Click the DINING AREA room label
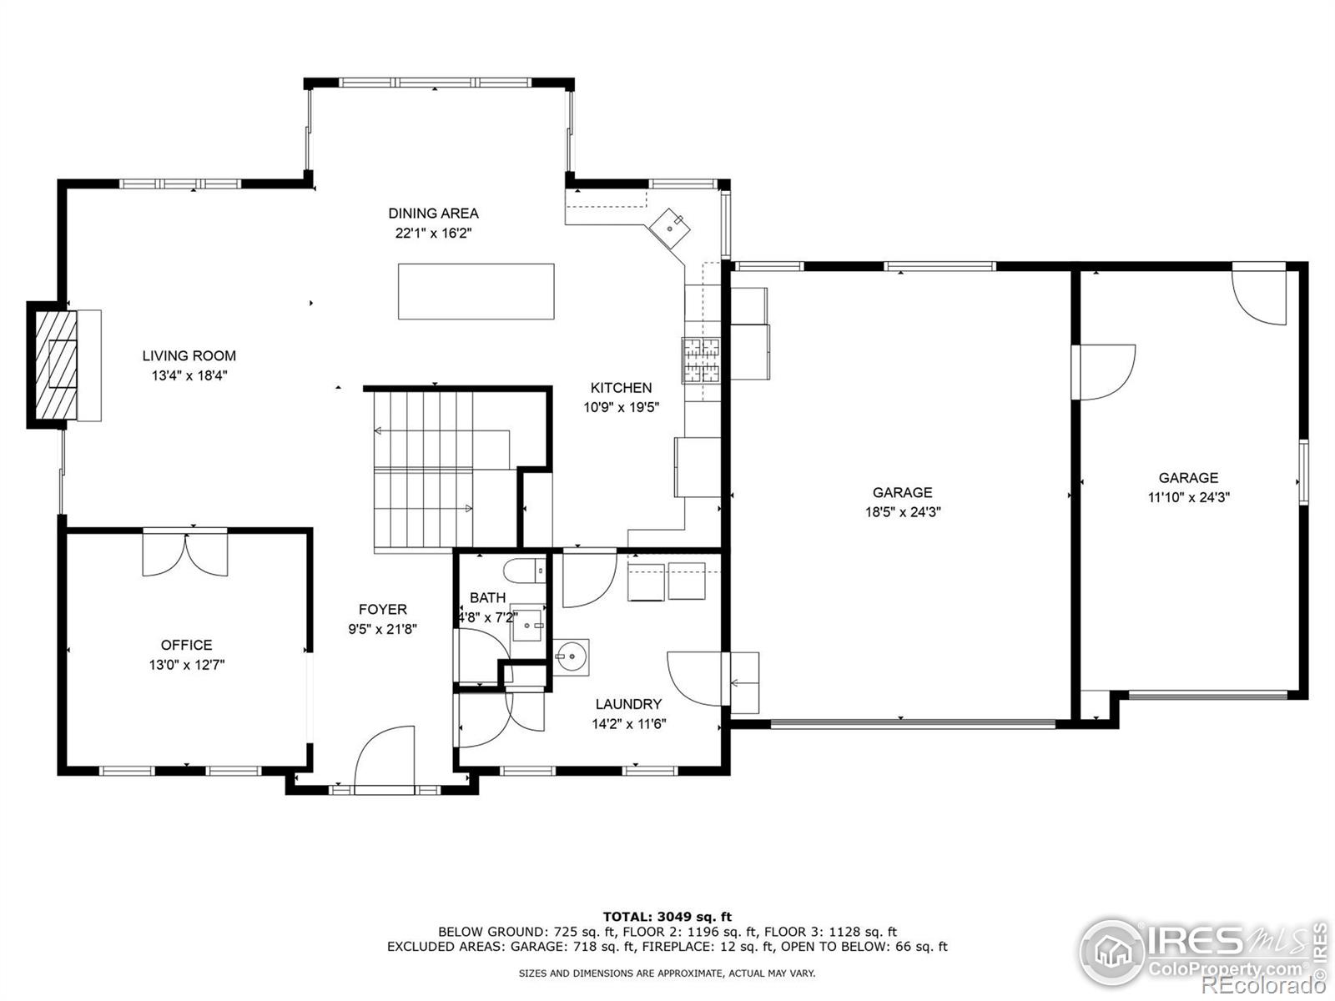pyautogui.click(x=433, y=214)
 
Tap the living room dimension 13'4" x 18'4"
pyautogui.click(x=189, y=376)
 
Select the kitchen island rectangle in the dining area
pyautogui.click(x=476, y=291)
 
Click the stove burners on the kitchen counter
pyautogui.click(x=701, y=360)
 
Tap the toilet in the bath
pyautogui.click(x=522, y=571)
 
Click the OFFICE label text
pyautogui.click(x=186, y=645)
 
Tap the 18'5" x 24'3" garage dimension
pyautogui.click(x=903, y=512)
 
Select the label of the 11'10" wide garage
pyautogui.click(x=1188, y=478)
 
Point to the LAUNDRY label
pyautogui.click(x=628, y=704)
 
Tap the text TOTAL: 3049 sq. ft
pyautogui.click(x=667, y=917)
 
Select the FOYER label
pyautogui.click(x=382, y=610)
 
